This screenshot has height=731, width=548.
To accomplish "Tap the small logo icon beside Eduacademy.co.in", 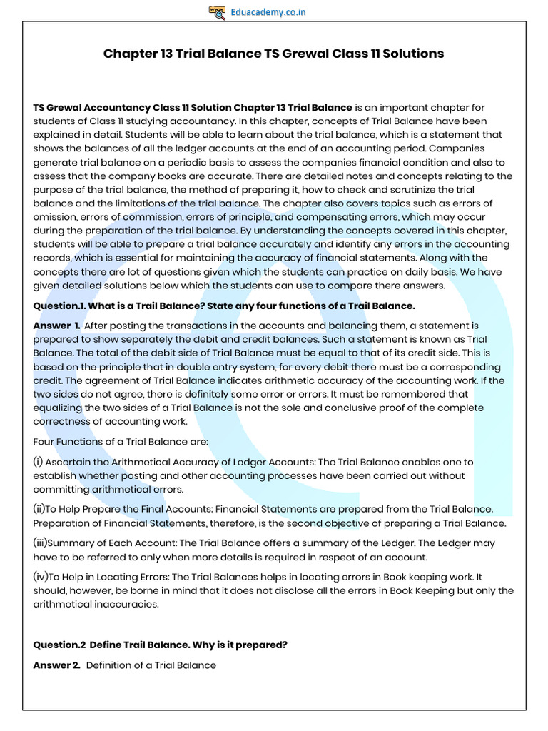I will coord(217,11).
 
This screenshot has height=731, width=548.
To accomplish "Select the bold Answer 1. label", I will coord(56,326).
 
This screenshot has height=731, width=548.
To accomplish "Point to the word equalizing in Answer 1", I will coord(59,408).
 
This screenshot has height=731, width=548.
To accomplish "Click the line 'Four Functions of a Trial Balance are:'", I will coord(121,442).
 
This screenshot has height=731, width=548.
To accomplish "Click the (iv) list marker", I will coord(41,576).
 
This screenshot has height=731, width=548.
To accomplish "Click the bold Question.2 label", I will coord(59,645).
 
